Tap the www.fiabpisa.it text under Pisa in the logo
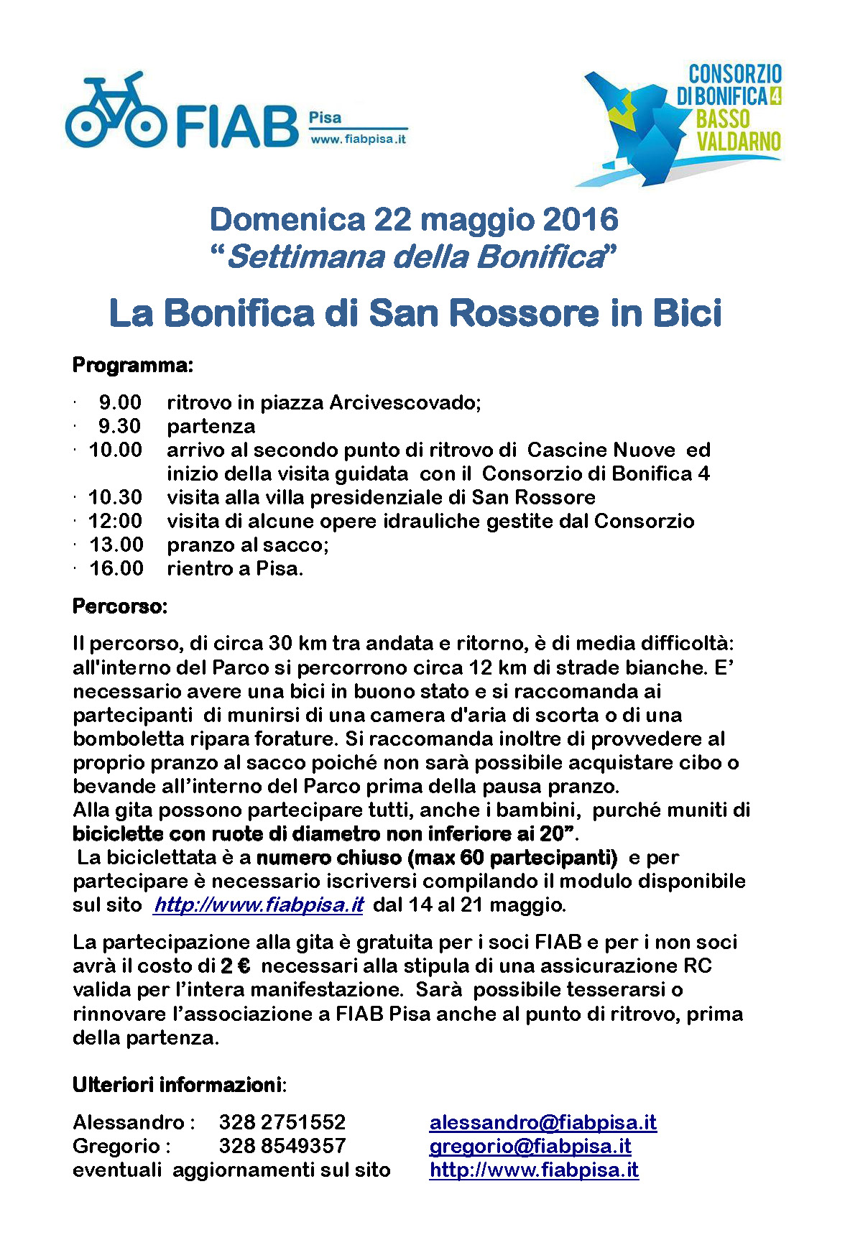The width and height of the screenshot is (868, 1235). point(358,139)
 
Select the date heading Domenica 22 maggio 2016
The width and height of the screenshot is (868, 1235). point(414,220)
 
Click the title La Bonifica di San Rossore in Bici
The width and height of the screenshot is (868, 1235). point(415,313)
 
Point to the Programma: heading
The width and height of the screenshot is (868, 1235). point(133,366)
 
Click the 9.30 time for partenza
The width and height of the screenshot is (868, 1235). point(119,427)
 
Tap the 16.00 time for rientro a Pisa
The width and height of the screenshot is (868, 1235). point(116,568)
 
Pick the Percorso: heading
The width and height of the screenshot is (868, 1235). point(120,606)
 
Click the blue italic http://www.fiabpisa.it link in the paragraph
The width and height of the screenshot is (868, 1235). point(259,905)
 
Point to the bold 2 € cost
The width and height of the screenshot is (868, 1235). point(236,966)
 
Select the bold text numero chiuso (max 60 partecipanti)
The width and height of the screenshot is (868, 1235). point(437,858)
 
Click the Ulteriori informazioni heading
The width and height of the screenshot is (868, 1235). point(177,1084)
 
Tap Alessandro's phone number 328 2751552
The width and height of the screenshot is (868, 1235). point(282,1122)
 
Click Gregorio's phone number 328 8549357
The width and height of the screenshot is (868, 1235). point(282,1146)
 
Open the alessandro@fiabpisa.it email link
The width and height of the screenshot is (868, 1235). point(542,1122)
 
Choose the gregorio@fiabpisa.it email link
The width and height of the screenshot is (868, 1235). point(530,1146)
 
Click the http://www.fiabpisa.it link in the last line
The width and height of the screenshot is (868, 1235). point(534,1170)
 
